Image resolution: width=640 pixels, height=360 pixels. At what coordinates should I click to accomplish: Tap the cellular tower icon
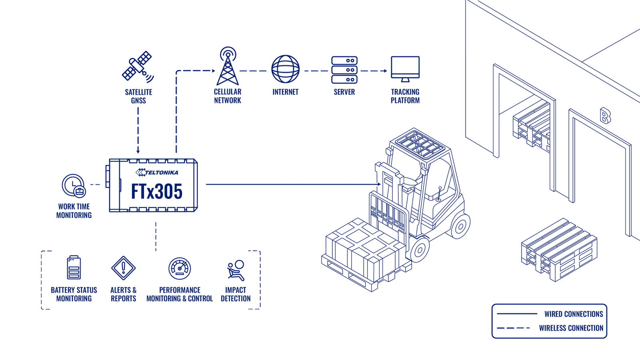[x=228, y=66]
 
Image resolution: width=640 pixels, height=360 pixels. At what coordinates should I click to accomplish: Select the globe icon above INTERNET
[x=286, y=69]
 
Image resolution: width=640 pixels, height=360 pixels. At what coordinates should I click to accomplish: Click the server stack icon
[x=344, y=70]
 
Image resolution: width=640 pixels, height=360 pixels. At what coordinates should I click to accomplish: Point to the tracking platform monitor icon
[x=405, y=69]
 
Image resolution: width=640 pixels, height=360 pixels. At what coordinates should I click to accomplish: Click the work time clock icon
[x=74, y=186]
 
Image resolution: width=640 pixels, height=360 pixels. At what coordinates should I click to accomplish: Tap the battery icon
[x=74, y=268]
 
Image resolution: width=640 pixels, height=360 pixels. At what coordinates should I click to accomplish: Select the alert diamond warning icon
[x=124, y=268]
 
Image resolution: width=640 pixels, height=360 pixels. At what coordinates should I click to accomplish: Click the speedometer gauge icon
[x=180, y=268]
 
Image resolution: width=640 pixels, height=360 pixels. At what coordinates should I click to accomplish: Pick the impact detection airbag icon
[x=236, y=270]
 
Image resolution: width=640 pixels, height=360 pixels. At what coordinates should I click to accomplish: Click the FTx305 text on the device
[x=156, y=191]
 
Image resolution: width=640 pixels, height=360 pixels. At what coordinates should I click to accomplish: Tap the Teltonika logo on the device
[x=157, y=172]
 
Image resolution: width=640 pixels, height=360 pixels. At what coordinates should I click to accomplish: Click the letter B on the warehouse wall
[x=605, y=116]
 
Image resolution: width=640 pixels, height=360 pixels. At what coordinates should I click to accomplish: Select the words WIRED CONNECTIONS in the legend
[x=574, y=314]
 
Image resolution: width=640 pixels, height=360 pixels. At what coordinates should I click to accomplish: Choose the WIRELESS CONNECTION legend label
[x=571, y=328]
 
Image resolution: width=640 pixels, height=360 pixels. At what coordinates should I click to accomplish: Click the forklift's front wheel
[x=419, y=250]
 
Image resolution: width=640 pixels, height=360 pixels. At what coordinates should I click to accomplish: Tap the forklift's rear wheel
[x=460, y=226]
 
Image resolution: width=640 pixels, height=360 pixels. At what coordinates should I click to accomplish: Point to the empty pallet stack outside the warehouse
[x=559, y=250]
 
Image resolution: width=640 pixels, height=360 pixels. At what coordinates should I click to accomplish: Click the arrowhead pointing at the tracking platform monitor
[x=386, y=71]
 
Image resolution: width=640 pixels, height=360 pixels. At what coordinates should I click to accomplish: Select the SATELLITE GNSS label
[x=138, y=96]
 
